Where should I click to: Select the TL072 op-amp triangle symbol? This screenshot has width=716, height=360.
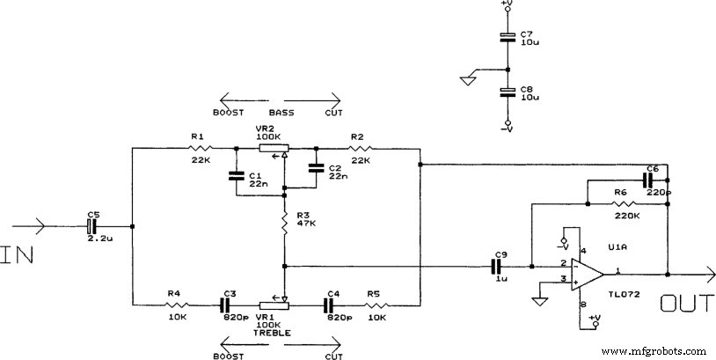(583, 272)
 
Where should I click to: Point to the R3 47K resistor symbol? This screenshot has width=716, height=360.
(285, 224)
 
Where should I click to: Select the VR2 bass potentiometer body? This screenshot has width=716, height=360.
(274, 149)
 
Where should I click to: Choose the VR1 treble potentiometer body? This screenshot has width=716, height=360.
(274, 305)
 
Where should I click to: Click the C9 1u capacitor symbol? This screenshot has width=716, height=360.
(497, 264)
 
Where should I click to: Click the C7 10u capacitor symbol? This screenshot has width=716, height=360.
(507, 37)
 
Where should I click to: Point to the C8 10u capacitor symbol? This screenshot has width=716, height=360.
(507, 92)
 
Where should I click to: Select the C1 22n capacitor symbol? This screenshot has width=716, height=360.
(235, 175)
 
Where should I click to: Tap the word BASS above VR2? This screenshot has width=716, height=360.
(281, 113)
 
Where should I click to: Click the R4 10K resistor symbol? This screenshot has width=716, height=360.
(179, 305)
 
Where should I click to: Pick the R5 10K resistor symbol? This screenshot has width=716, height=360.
(376, 305)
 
